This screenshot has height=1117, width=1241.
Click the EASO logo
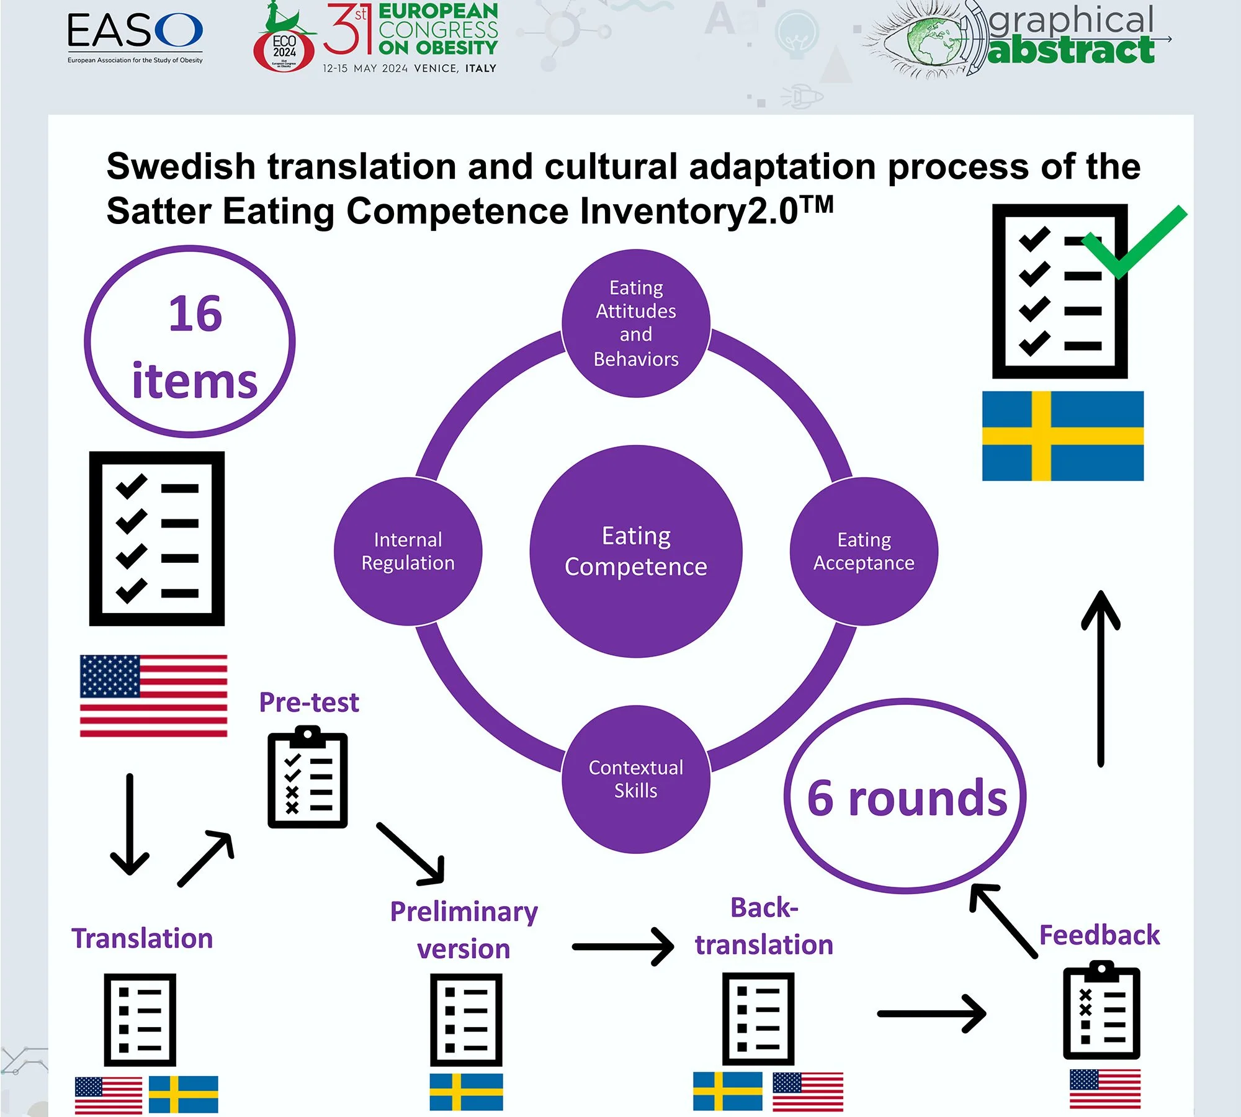[135, 37]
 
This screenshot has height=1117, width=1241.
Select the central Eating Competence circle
[636, 551]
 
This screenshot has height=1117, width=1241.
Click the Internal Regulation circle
[408, 551]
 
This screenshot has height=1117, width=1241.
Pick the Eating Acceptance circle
[864, 551]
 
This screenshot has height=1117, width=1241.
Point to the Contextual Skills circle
[636, 779]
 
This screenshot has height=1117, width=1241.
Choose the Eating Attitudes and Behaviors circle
[636, 323]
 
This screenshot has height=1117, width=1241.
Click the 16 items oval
[190, 342]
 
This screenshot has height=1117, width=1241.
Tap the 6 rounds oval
[905, 796]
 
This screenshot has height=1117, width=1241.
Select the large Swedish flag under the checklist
[1062, 436]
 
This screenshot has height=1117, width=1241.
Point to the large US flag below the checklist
[153, 696]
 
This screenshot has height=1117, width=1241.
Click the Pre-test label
[309, 702]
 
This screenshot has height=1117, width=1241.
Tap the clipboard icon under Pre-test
[307, 779]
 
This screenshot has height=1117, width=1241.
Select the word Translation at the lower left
[142, 938]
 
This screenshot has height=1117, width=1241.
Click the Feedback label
[1099, 935]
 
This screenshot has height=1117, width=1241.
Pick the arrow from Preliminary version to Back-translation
[623, 946]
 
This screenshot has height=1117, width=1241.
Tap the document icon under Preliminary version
[466, 1019]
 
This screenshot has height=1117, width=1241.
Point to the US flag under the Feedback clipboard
[1105, 1088]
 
